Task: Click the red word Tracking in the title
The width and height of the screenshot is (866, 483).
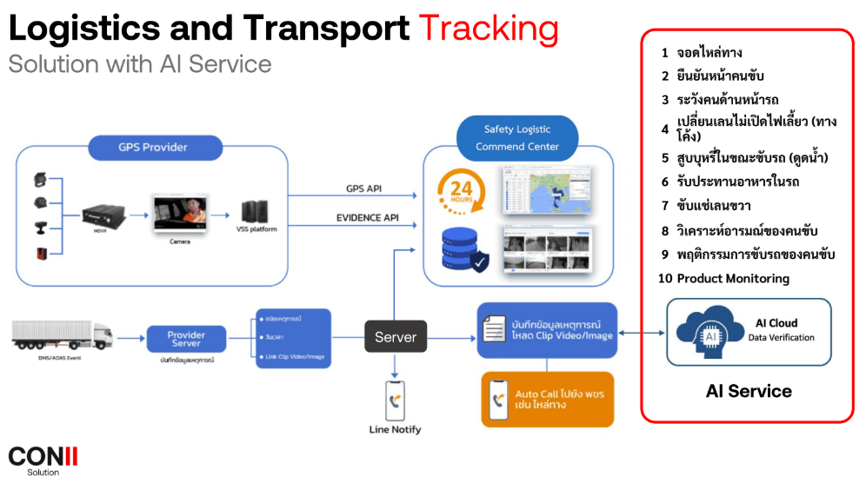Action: (x=489, y=29)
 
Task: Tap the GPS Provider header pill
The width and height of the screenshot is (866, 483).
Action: (x=153, y=147)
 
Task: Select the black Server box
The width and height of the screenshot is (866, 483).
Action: (x=396, y=336)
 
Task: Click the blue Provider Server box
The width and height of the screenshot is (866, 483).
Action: (x=186, y=337)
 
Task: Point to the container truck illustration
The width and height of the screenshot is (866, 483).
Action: (x=62, y=334)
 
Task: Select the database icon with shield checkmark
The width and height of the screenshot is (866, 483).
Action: (x=461, y=248)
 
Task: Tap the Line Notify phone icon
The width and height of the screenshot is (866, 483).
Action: (x=396, y=398)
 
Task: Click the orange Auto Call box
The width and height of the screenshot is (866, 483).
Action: (x=547, y=399)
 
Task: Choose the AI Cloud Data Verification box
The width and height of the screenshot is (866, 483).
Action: (x=749, y=331)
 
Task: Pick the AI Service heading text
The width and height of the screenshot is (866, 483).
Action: (x=749, y=391)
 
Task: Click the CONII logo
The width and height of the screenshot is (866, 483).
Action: (x=43, y=456)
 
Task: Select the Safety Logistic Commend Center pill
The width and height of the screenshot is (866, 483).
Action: (x=517, y=138)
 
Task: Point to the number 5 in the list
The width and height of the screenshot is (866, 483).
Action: (x=665, y=157)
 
